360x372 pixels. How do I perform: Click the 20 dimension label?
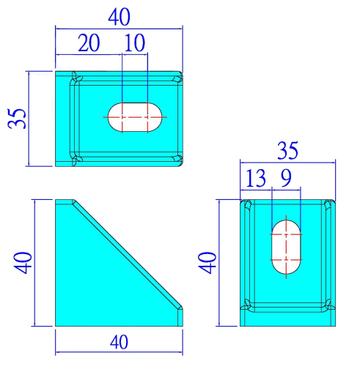coord(89,42)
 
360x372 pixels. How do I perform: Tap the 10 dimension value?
coord(135,42)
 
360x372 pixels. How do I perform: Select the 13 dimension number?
coord(256,178)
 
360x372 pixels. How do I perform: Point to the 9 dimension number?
coord(286,178)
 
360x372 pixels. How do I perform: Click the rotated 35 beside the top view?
coord(17,119)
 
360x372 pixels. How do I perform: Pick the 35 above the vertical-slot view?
coord(287,150)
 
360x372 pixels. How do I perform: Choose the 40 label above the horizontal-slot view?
coord(119,17)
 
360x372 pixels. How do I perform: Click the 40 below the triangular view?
coord(119,342)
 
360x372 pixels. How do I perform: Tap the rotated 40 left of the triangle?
coord(23,263)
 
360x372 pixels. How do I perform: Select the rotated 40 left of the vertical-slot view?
coord(207,263)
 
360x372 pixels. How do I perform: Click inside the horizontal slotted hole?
coord(135,117)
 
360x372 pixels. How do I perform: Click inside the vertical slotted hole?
coord(286,247)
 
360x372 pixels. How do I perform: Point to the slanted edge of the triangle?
coord(128,254)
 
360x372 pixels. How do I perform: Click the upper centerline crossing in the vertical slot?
coord(286,234)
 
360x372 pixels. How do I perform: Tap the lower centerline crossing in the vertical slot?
coord(286,260)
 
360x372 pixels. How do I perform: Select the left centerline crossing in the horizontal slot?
coord(122,117)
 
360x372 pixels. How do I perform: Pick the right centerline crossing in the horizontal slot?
coord(147,117)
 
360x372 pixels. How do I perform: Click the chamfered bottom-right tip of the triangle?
coord(180,308)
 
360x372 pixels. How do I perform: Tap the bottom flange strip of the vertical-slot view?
coord(287,319)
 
